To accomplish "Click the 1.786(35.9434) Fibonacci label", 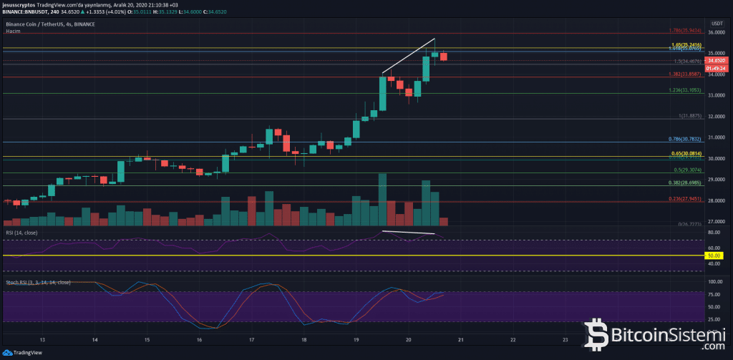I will pyautogui.click(x=681, y=31).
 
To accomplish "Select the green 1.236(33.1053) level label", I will pyautogui.click(x=681, y=90).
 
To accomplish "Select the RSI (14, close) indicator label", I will pyautogui.click(x=22, y=233).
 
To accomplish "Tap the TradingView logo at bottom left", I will pyautogui.click(x=21, y=353).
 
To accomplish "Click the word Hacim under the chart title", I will pyautogui.click(x=13, y=31).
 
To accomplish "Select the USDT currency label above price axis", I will pyautogui.click(x=715, y=24).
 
